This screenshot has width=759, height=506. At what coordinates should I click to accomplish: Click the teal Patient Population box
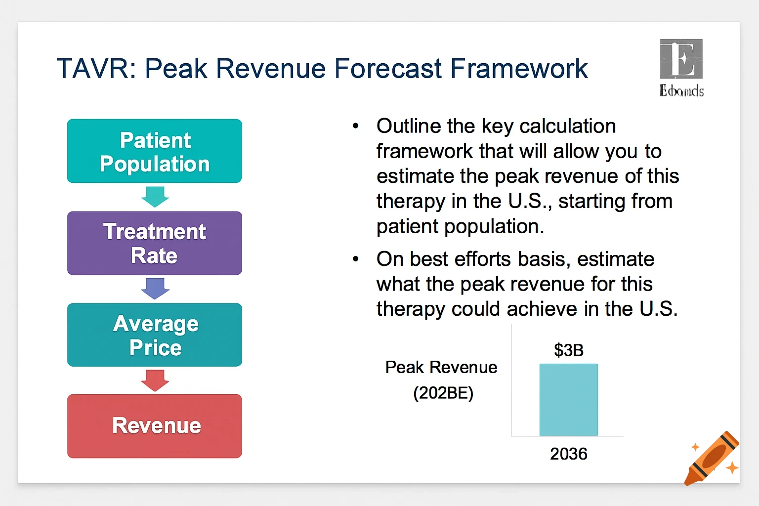tap(155, 151)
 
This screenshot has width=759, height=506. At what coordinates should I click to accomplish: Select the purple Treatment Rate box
tap(155, 243)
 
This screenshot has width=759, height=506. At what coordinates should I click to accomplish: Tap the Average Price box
tap(155, 335)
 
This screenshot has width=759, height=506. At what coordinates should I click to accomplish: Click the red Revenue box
tap(155, 426)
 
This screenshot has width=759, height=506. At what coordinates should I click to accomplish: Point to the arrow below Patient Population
tap(155, 197)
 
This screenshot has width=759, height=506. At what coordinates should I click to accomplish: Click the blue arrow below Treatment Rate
tap(155, 289)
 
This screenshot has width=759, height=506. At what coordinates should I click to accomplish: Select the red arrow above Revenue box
tap(155, 380)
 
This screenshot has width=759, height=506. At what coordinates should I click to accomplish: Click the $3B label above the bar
tap(569, 350)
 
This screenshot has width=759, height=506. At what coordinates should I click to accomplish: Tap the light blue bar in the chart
tap(569, 400)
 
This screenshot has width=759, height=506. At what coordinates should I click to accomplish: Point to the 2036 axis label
tap(569, 454)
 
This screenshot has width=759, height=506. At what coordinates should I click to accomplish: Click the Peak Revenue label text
tap(441, 367)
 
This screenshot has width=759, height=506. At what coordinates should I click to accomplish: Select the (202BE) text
tap(443, 393)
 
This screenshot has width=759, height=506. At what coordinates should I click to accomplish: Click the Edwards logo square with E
tap(681, 59)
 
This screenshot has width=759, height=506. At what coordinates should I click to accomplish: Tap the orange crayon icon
tap(712, 459)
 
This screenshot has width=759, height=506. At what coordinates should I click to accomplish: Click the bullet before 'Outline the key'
tap(355, 126)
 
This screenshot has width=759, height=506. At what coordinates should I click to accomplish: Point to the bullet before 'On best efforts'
tap(355, 259)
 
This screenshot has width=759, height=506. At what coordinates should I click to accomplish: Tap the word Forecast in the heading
tap(388, 68)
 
